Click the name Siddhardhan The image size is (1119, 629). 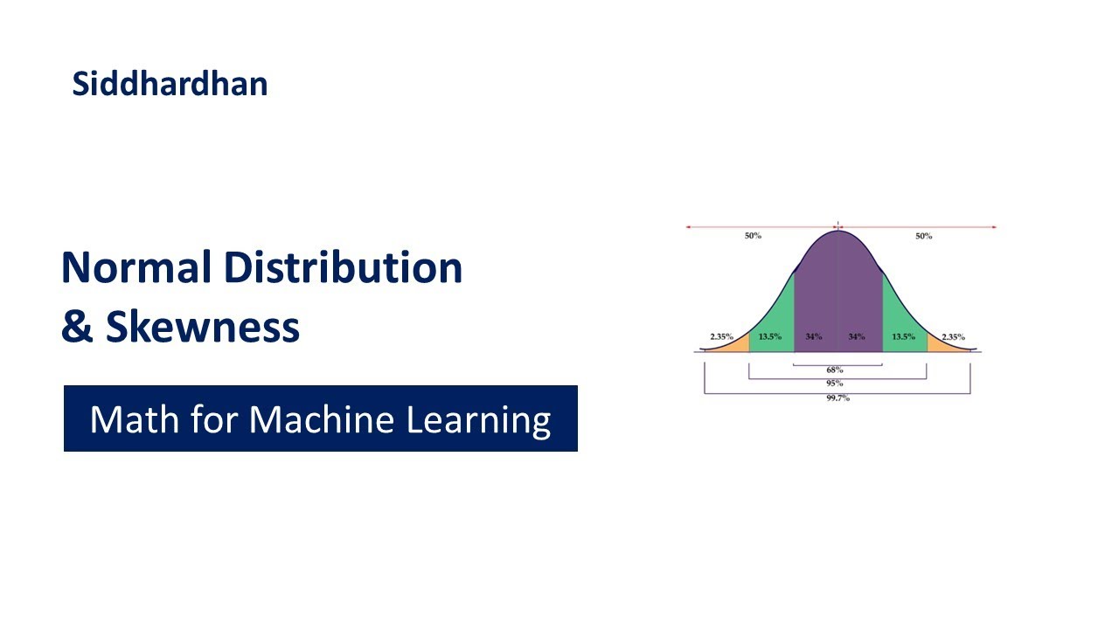[170, 84]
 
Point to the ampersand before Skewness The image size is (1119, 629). [77, 327]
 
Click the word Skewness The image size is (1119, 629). [203, 327]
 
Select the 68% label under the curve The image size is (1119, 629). [835, 370]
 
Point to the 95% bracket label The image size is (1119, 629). [835, 384]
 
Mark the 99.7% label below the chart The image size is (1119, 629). [837, 398]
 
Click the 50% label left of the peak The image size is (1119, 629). [753, 236]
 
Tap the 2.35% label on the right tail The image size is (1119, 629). [953, 336]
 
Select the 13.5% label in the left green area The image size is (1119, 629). [770, 336]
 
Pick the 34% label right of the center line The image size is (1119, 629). [856, 336]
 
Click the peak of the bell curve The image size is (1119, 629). [838, 231]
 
